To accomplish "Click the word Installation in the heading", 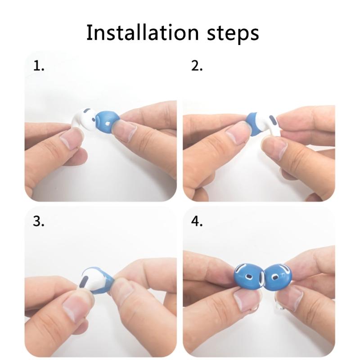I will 141,33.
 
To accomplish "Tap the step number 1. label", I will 39,66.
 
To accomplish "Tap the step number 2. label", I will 197,66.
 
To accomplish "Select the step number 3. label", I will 39,222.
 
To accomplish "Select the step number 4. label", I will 197,222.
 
